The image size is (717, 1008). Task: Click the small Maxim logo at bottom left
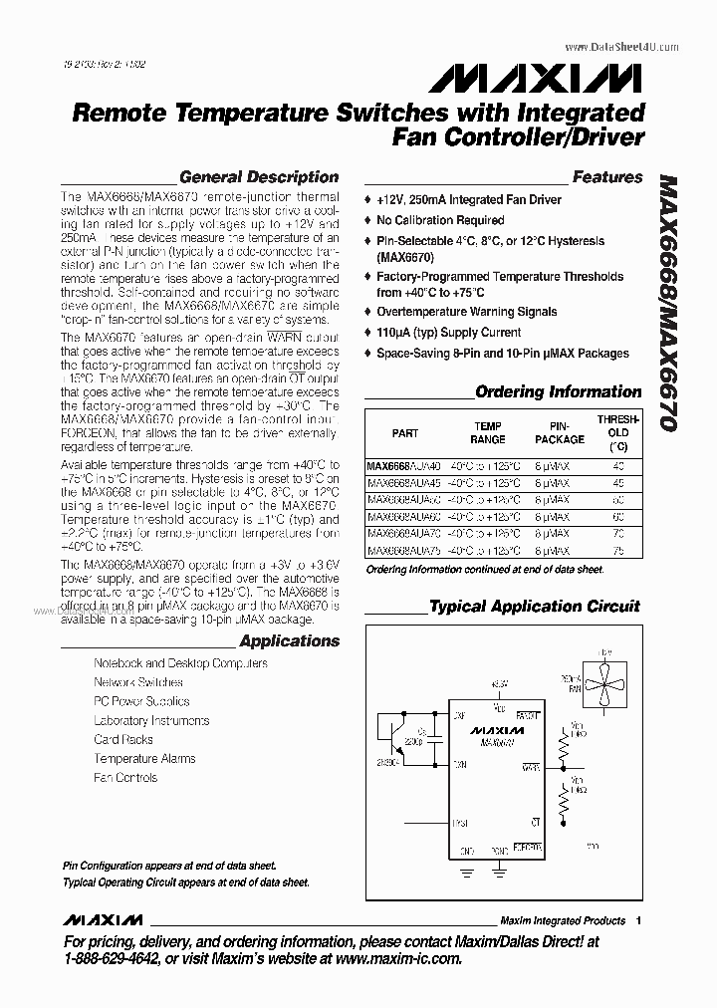[102, 919]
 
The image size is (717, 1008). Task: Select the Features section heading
[607, 177]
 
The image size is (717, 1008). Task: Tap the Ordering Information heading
[558, 391]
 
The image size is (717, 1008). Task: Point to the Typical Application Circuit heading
[534, 606]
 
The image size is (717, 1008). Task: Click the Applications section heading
[290, 640]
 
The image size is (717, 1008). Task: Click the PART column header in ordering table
[405, 433]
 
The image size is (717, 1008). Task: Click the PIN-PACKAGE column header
[560, 433]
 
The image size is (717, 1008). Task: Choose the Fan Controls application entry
[125, 777]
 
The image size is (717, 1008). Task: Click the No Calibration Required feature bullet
[440, 220]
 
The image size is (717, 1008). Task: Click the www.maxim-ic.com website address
[399, 958]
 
